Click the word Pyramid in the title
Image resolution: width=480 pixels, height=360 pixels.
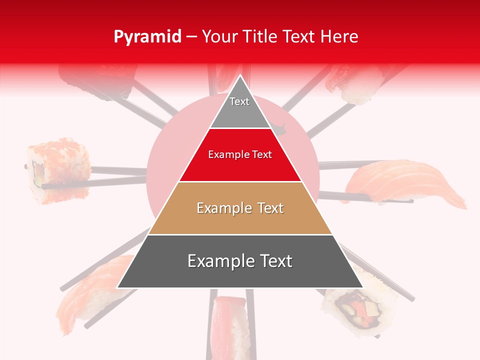pyautogui.click(x=147, y=37)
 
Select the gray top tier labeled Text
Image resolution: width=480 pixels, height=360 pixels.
pyautogui.click(x=239, y=107)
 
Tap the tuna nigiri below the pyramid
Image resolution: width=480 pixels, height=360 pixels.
pyautogui.click(x=230, y=325)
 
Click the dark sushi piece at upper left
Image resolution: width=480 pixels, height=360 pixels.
pyautogui.click(x=95, y=80)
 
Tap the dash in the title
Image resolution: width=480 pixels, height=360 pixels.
pyautogui.click(x=191, y=37)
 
